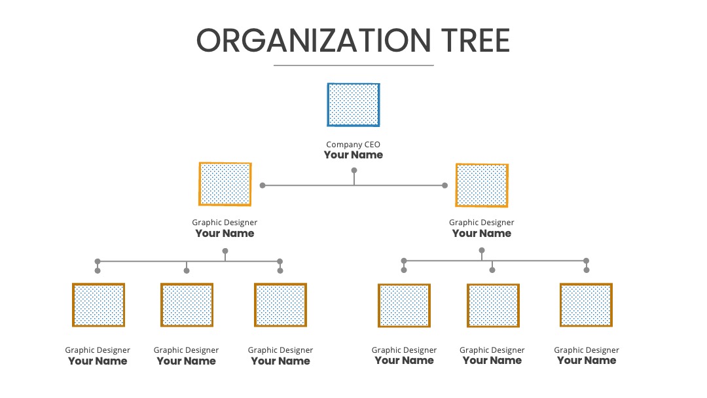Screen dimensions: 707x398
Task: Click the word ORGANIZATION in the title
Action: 314,41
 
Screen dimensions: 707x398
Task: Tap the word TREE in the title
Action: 475,41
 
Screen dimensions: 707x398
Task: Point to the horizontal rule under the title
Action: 353,65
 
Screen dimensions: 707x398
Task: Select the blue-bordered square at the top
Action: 353,105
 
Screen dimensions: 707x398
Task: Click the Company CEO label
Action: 353,145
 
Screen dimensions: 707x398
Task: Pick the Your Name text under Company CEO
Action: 353,155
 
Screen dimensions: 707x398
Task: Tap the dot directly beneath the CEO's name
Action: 354,170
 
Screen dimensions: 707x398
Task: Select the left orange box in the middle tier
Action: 225,184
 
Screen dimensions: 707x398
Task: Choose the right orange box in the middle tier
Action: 482,185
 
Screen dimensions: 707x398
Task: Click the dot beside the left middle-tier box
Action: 263,185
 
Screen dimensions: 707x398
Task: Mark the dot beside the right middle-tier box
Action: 444,185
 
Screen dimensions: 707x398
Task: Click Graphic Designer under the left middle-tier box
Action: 225,223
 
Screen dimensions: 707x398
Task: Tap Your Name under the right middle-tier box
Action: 482,234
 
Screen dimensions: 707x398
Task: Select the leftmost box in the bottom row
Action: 98,305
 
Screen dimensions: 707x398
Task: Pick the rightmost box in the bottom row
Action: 586,304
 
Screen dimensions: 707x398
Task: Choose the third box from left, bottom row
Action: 280,304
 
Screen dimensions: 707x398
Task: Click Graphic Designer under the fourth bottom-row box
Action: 404,350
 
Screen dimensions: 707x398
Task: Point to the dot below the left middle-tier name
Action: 225,251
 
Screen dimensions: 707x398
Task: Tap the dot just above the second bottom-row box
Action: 187,270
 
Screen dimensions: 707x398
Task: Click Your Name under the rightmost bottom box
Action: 587,361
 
